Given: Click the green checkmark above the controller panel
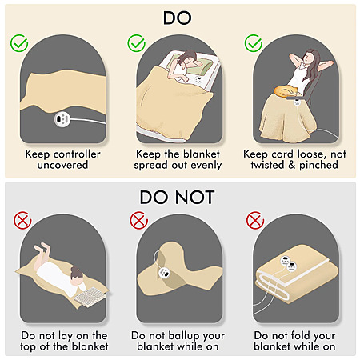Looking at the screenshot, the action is coord(19,43).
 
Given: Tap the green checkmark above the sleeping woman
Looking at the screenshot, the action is coord(136,43).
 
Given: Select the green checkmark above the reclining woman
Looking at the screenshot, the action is coord(254,43).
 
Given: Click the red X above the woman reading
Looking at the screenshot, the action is coord(22,220).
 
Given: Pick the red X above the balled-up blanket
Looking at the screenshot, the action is coord(139,220).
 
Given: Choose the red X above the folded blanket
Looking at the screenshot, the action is coord(255,220).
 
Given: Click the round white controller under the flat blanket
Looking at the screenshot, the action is coord(62,119).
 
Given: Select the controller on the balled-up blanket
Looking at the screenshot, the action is coord(163,273).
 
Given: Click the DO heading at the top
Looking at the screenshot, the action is coord(177,18).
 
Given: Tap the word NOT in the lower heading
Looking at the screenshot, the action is coord(194,198).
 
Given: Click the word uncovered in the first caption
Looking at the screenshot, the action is coord(62,165).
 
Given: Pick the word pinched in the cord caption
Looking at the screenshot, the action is coord(318,165).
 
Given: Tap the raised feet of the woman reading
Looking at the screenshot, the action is coord(42,248).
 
